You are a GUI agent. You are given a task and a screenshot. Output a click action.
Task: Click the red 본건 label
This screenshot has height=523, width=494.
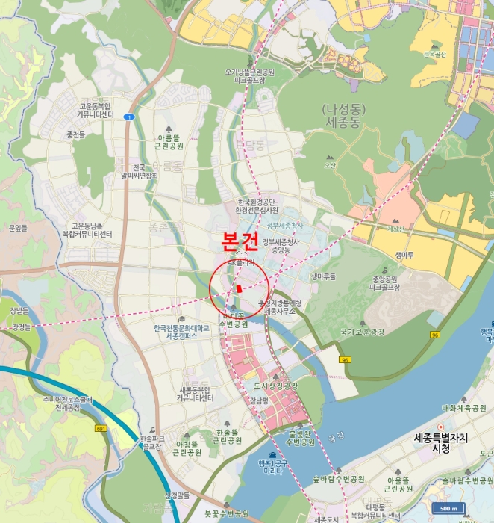240,241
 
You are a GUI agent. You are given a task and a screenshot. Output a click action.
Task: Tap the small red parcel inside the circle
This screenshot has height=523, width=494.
239,288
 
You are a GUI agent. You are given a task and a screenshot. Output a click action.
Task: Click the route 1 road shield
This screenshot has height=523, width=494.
129,117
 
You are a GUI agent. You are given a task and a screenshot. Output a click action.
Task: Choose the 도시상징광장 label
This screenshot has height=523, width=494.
275,386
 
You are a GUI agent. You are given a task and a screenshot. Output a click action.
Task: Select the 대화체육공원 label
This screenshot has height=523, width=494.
463,408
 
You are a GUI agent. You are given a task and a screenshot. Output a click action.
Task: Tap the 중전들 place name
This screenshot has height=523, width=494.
75,135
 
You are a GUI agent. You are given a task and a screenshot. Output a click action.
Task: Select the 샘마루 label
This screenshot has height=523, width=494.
404,254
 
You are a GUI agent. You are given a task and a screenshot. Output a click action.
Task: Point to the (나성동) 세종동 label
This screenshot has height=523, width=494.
341,114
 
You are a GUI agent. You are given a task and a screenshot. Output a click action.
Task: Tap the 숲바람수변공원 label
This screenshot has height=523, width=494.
338,478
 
